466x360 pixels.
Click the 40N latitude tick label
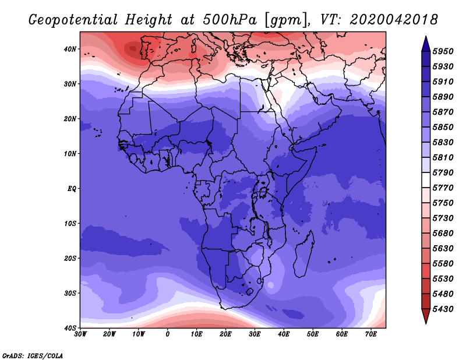click(70, 49)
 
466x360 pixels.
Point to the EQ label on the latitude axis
click(72, 189)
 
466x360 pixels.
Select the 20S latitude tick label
click(70, 258)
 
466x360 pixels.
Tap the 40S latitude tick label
click(70, 328)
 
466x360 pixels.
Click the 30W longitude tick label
click(80, 334)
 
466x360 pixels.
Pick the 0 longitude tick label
click(168, 334)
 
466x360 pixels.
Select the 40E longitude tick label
click(284, 334)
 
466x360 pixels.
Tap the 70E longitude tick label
click(371, 334)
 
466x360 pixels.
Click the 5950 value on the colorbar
click(443, 51)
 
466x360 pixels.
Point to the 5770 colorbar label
click(443, 188)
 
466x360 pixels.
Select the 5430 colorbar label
click(443, 309)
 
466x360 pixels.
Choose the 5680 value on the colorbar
click(443, 234)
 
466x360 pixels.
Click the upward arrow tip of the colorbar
click(426, 37)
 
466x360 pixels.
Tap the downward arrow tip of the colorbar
click(426, 323)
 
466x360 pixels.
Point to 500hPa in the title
click(230, 20)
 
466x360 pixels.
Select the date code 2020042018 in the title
click(394, 20)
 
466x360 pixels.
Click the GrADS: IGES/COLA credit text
click(33, 356)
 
